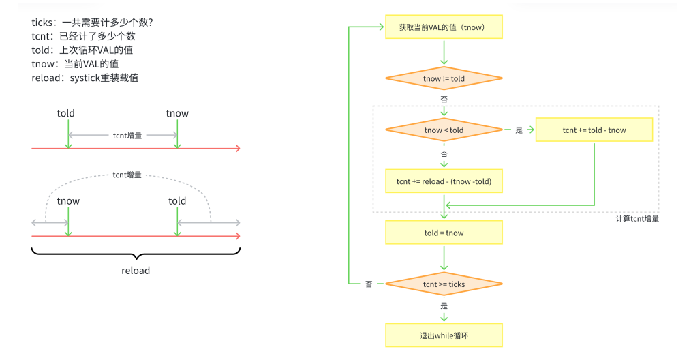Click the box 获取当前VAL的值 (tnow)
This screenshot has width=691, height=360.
click(x=444, y=27)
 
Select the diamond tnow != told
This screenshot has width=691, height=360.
click(x=444, y=79)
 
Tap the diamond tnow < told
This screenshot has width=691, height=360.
click(x=444, y=130)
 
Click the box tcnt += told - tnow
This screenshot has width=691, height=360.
click(x=594, y=130)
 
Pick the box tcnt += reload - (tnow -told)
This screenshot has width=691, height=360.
click(x=444, y=181)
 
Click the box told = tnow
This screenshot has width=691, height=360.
click(x=444, y=232)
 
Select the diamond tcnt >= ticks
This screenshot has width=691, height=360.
click(x=444, y=284)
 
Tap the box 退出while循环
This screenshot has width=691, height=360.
click(x=444, y=335)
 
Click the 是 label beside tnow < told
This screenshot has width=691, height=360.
click(x=518, y=130)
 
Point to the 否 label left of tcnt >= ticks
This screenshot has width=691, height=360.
click(x=369, y=284)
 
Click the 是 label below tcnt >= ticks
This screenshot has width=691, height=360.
click(x=444, y=306)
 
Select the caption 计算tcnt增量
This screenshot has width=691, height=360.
click(x=636, y=219)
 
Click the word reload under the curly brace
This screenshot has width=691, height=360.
click(x=136, y=271)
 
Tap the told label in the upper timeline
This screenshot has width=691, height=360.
click(x=66, y=113)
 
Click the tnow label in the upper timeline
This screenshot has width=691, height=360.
click(x=177, y=113)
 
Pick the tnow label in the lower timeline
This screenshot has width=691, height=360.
click(x=68, y=200)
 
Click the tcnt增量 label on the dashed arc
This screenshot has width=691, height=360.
click(x=127, y=175)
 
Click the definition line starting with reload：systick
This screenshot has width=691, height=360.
click(x=85, y=78)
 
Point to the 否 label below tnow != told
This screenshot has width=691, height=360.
click(x=444, y=100)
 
